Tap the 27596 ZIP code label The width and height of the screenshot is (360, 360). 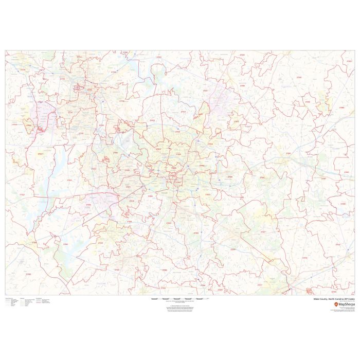click(299, 77)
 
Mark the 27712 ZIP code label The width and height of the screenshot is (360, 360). click(63, 79)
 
